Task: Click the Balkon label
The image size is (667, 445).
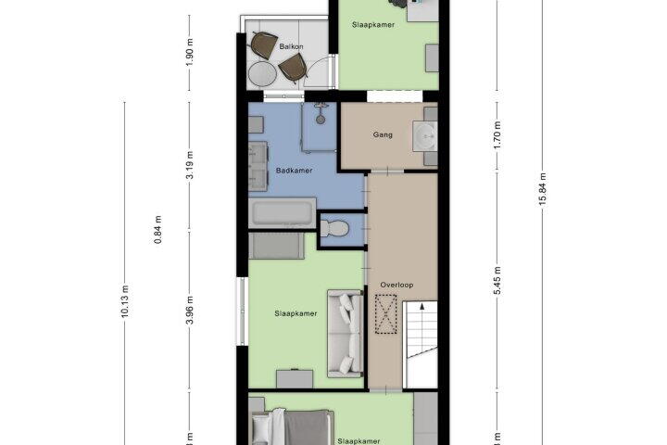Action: (292, 46)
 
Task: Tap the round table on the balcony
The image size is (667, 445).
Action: (262, 75)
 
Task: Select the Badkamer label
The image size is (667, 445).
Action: (294, 171)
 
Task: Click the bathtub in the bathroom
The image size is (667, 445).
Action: (283, 212)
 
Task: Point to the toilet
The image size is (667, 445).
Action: (334, 228)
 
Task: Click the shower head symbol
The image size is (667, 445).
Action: (321, 114)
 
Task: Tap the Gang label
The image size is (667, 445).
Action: (383, 134)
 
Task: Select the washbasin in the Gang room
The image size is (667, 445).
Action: (424, 136)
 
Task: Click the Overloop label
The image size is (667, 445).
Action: (396, 285)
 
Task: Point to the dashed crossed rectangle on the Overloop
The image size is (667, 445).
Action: (385, 314)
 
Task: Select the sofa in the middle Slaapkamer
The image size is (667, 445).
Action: (346, 334)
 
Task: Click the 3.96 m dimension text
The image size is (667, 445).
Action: (190, 311)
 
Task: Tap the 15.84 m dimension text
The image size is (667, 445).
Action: (542, 189)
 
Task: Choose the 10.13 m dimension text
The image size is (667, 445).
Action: (125, 301)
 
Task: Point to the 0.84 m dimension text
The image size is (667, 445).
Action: (157, 230)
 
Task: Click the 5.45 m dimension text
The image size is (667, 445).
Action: (497, 281)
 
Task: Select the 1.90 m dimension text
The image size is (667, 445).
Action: (190, 52)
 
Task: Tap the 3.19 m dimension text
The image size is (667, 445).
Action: (190, 165)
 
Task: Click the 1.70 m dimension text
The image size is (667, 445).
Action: (497, 135)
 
